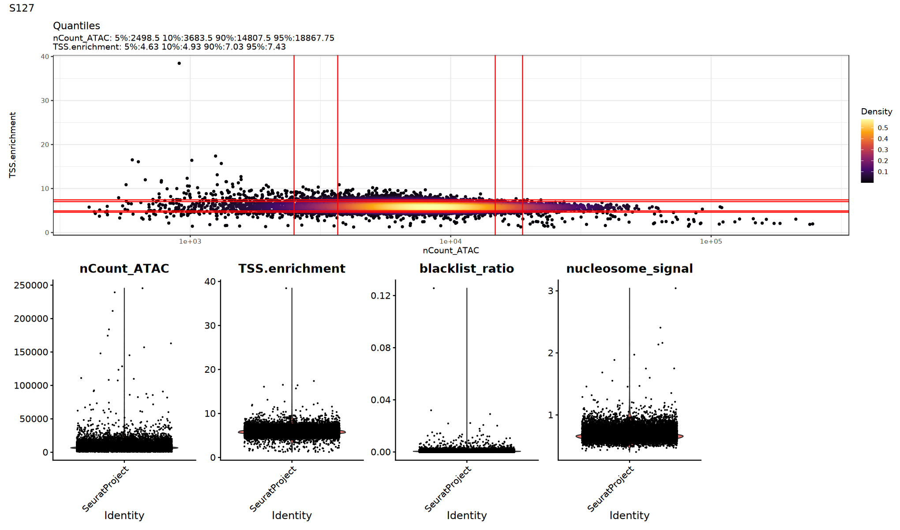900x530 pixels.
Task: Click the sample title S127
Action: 22,8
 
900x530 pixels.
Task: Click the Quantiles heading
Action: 76,26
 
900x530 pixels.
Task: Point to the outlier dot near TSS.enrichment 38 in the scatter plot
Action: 179,63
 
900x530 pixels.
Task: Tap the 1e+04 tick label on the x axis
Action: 450,241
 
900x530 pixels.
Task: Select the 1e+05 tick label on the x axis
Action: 711,241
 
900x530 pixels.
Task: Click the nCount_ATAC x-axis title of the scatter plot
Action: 450,250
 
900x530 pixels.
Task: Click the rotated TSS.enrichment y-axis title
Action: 12,145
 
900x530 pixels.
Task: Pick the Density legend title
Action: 876,111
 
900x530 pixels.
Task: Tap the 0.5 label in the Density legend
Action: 883,128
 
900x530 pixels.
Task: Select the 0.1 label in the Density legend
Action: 883,172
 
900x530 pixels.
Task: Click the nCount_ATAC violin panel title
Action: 124,269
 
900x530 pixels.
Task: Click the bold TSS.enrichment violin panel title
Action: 292,269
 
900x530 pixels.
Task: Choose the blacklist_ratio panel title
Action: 466,269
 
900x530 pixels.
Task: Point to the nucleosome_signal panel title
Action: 629,269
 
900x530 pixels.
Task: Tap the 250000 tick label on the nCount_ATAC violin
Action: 31,285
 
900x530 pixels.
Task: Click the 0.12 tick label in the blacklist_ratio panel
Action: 381,295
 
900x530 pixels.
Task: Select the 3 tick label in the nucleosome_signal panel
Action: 550,291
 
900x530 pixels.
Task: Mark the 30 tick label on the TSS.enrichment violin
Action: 210,326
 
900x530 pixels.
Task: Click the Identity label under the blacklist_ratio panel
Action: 466,515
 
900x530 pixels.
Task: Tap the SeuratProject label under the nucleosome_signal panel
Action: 611,489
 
